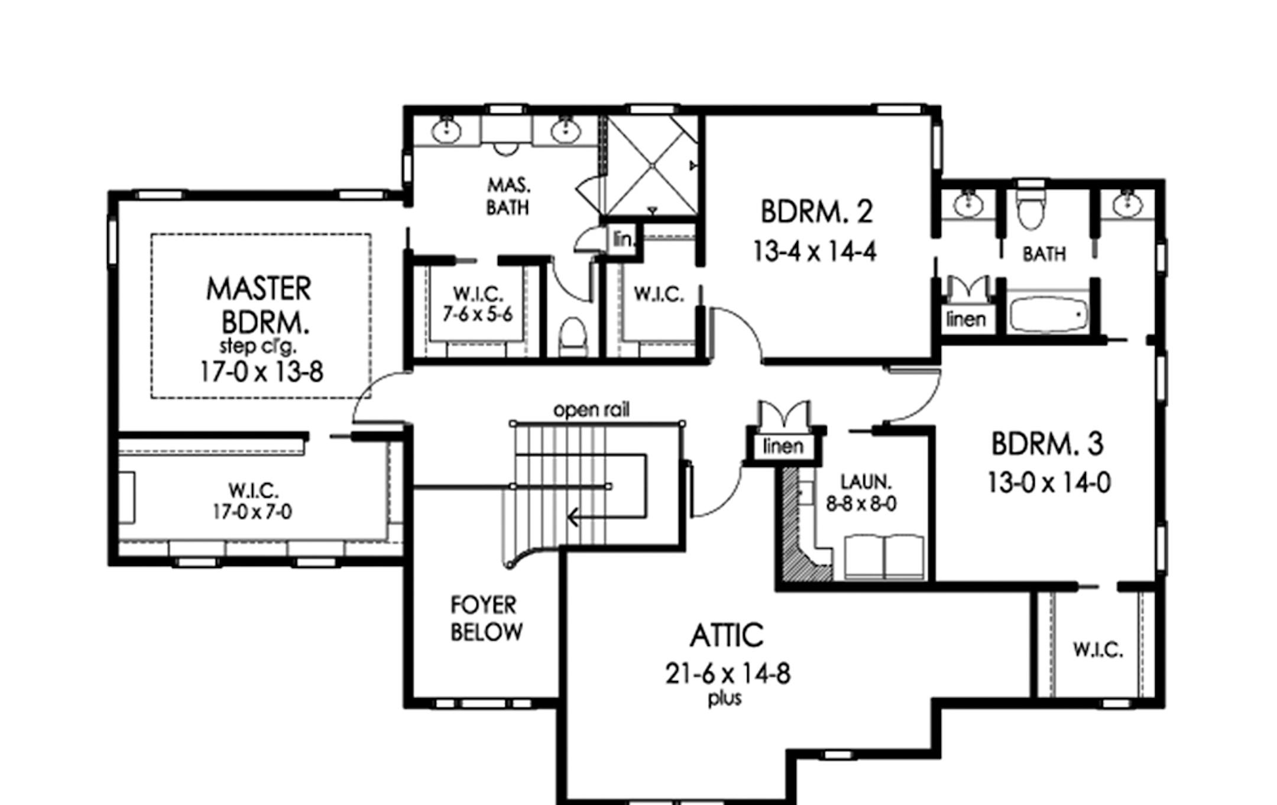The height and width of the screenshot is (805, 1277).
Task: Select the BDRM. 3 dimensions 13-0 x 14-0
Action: [x=1048, y=483]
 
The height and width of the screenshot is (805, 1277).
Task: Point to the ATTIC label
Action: [x=727, y=636]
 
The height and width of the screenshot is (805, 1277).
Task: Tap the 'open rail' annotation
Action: [x=591, y=410]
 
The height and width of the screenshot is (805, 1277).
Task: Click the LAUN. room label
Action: [x=866, y=482]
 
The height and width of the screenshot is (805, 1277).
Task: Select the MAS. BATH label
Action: [x=508, y=197]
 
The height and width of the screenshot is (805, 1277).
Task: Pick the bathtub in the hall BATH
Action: [x=1048, y=314]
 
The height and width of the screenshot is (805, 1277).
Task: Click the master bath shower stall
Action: [x=652, y=166]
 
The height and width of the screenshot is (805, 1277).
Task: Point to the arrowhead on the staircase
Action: [x=572, y=518]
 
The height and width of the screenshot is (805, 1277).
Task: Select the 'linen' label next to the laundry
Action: [x=783, y=446]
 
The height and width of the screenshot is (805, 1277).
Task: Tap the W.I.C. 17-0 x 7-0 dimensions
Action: [x=252, y=512]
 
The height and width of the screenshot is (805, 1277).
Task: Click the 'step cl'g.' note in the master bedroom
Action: [x=258, y=346]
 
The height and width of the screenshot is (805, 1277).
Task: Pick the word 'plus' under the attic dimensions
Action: [x=725, y=699]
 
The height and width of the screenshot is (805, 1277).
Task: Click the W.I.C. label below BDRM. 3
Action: [x=1098, y=650]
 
